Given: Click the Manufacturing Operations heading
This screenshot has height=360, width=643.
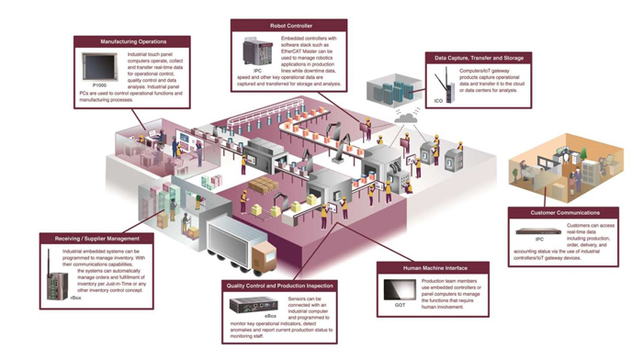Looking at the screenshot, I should (134, 41).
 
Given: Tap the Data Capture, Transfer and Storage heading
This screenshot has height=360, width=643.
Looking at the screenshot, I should (479, 58).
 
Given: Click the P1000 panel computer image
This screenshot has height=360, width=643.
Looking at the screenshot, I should (94, 62).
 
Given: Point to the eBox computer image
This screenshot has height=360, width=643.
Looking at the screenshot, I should (246, 304).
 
